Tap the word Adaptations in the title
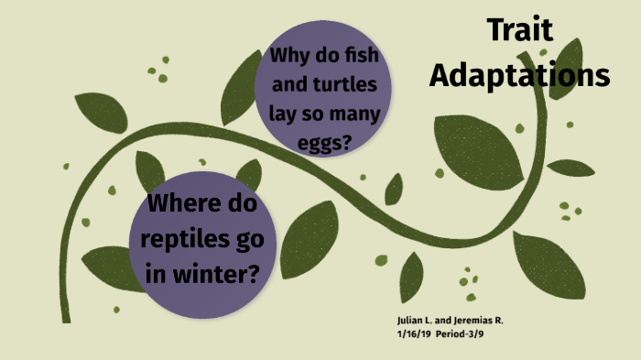click(519, 74)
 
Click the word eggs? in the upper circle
click(325, 143)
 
